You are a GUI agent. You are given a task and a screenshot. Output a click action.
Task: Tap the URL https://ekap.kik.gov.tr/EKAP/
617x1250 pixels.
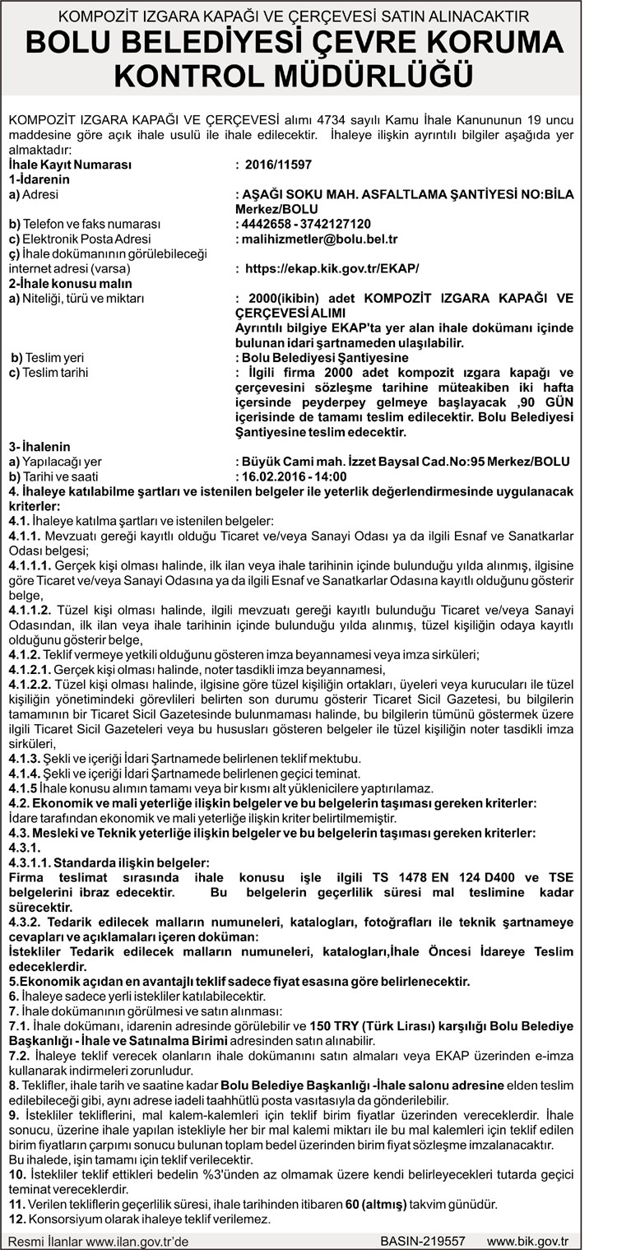click(x=332, y=268)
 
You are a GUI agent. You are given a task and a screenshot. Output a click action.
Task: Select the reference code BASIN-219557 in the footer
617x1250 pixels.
click(x=423, y=1240)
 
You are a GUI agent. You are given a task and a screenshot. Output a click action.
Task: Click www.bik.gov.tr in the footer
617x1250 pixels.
click(x=533, y=1240)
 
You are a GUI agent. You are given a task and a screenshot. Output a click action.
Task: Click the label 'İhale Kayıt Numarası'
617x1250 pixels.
click(x=70, y=165)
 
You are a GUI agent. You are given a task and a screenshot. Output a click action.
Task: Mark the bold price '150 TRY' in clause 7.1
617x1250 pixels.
click(x=331, y=1026)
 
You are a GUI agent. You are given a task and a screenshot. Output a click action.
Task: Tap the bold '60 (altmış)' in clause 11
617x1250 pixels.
click(x=376, y=1204)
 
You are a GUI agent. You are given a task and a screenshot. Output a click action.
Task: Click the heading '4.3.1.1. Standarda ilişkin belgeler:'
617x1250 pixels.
click(x=109, y=862)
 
